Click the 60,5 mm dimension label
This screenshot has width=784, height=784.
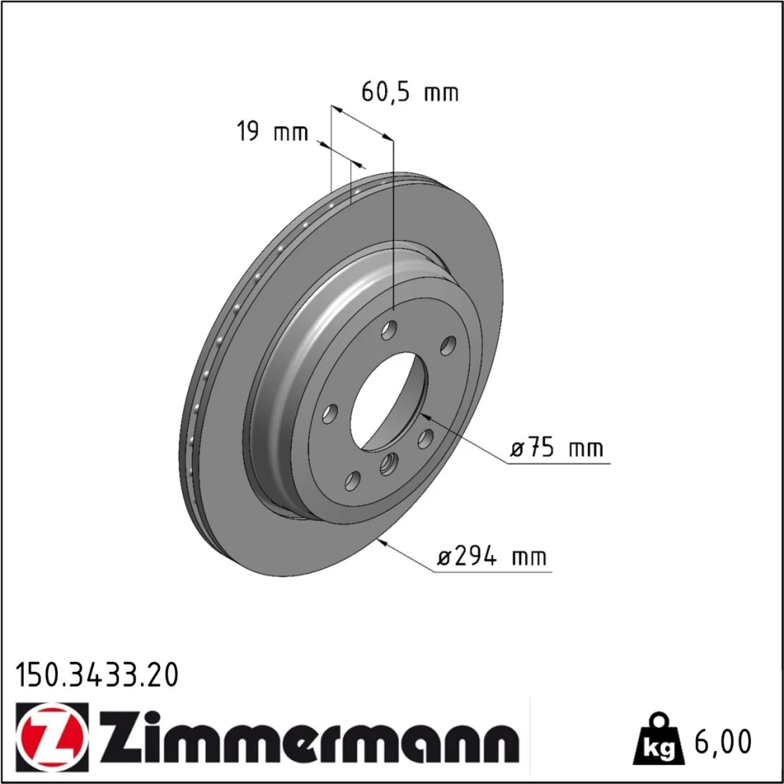pyautogui.click(x=409, y=93)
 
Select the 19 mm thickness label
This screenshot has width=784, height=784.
pyautogui.click(x=272, y=132)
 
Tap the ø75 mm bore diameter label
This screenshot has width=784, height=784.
pyautogui.click(x=557, y=448)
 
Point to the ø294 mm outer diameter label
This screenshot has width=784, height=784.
pyautogui.click(x=492, y=557)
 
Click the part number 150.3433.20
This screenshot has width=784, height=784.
pyautogui.click(x=97, y=675)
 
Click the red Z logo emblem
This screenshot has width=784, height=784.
pyautogui.click(x=53, y=736)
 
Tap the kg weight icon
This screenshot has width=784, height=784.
pyautogui.click(x=657, y=739)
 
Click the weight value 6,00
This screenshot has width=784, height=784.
pyautogui.click(x=723, y=742)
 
